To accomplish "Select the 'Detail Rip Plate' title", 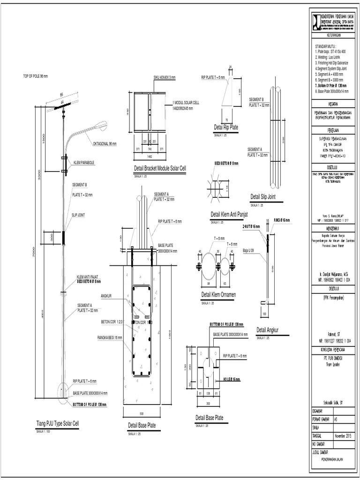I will click(226, 127).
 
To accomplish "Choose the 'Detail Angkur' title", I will click(268, 330).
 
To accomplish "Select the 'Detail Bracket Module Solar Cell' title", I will click(160, 168).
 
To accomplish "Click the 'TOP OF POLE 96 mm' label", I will click(36, 76).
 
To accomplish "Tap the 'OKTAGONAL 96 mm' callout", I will click(105, 144).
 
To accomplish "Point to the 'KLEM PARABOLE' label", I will click(84, 163).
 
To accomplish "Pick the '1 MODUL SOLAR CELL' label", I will click(187, 102).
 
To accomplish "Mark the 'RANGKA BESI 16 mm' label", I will click(110, 337).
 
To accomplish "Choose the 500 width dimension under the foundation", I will click(142, 413).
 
